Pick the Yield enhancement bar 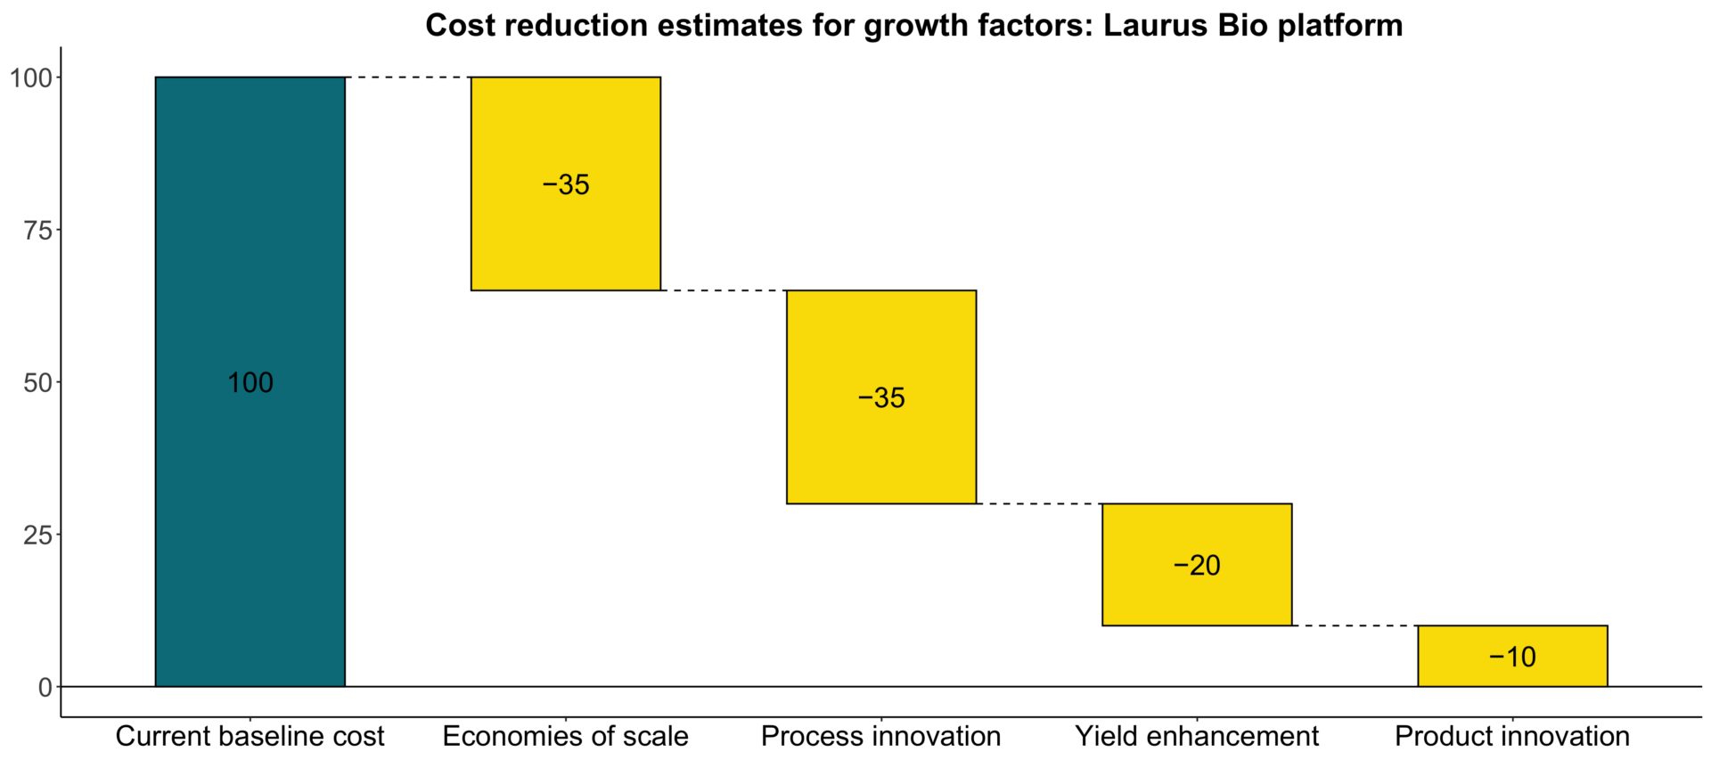(1196, 597)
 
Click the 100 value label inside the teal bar (250, 383)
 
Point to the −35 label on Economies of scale (566, 184)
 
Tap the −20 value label (1197, 565)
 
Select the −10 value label (1512, 657)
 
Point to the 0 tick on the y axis (45, 687)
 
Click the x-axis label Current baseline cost (250, 736)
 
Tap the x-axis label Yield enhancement (1196, 736)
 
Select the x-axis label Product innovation (1511, 736)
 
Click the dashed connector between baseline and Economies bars (408, 78)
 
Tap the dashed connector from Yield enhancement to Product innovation (1355, 625)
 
